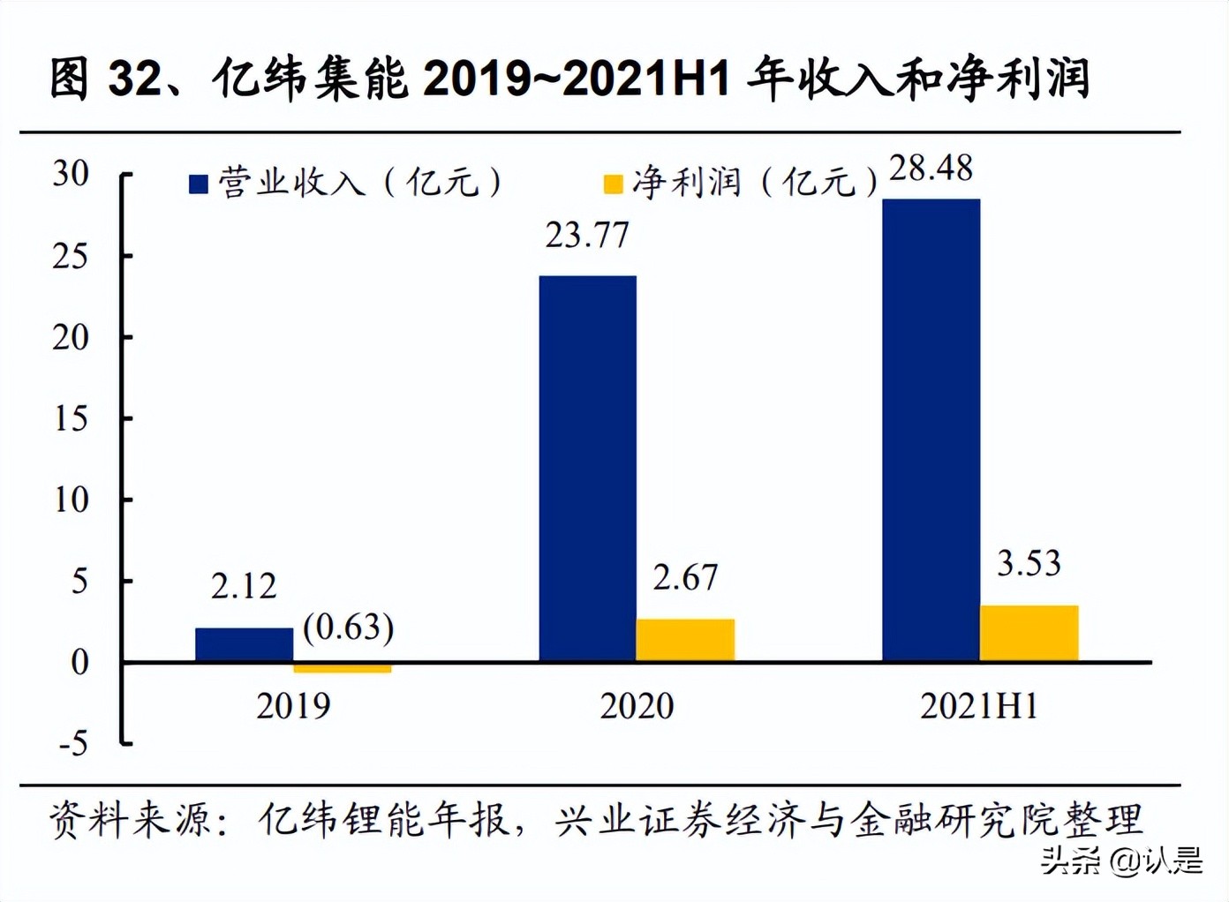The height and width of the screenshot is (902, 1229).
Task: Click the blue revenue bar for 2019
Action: coord(244,644)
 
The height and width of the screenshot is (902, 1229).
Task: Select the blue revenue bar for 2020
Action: coord(587,469)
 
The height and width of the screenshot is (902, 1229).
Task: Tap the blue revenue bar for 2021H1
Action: coord(931,430)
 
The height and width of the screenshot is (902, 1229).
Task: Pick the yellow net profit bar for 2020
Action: coord(685,640)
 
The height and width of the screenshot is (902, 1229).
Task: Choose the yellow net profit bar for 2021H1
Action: coord(1029,633)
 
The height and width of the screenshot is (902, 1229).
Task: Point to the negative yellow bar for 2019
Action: coord(342,668)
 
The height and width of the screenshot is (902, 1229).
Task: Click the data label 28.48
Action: coord(931,168)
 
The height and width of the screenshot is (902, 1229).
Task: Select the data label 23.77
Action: coord(587,236)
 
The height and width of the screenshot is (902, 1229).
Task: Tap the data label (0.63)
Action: coord(348,627)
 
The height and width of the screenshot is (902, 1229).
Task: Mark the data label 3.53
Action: coord(1029,563)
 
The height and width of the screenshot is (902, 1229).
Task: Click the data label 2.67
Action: coord(685,577)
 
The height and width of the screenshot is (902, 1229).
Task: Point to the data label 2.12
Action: coord(244,586)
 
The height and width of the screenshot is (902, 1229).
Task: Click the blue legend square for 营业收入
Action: coord(199,184)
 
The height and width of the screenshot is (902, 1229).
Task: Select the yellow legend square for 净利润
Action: coord(613,184)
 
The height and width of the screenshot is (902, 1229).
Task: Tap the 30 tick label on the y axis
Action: coord(71,173)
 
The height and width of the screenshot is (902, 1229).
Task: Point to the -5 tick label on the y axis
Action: coord(73,743)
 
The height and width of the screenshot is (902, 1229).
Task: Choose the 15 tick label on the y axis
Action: coord(71,418)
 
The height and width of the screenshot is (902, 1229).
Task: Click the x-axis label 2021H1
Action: coord(978,706)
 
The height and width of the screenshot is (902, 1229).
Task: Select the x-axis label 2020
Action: coord(637,706)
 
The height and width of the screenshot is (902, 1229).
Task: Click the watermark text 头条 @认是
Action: coord(1121,860)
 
